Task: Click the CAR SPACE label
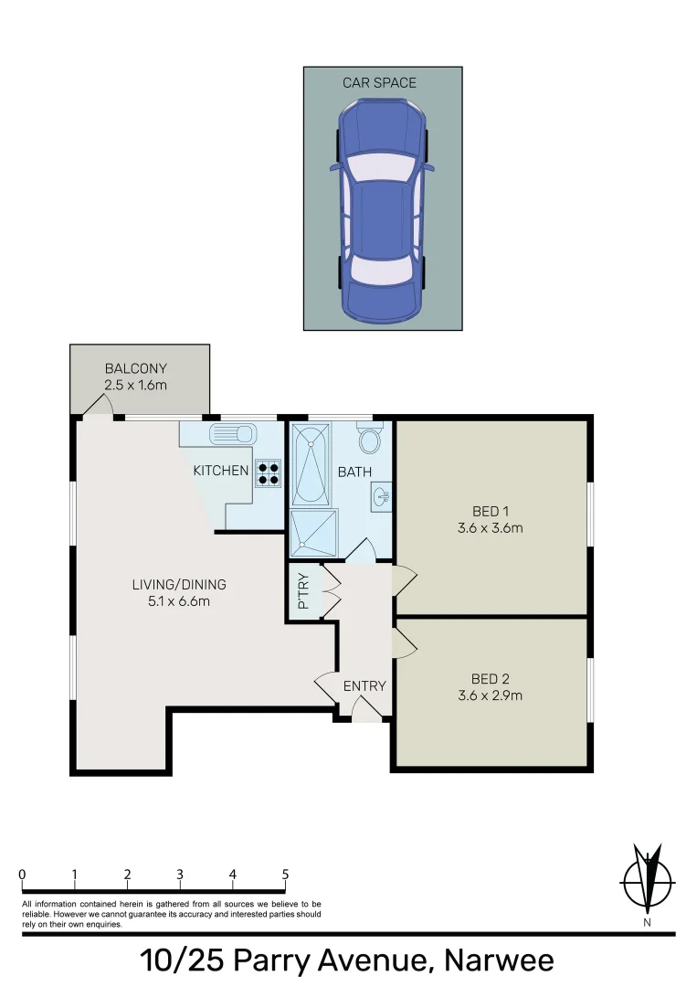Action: coord(379,83)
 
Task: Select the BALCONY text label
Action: coord(135,369)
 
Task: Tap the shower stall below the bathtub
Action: coord(313,533)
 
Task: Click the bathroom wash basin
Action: coord(383,496)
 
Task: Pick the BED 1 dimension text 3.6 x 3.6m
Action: coord(491,527)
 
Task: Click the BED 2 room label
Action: coord(491,679)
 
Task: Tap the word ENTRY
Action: coord(364,686)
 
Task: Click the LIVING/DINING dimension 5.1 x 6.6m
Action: coord(178,600)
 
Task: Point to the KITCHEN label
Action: coord(220,471)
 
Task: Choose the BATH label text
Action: coord(354,472)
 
